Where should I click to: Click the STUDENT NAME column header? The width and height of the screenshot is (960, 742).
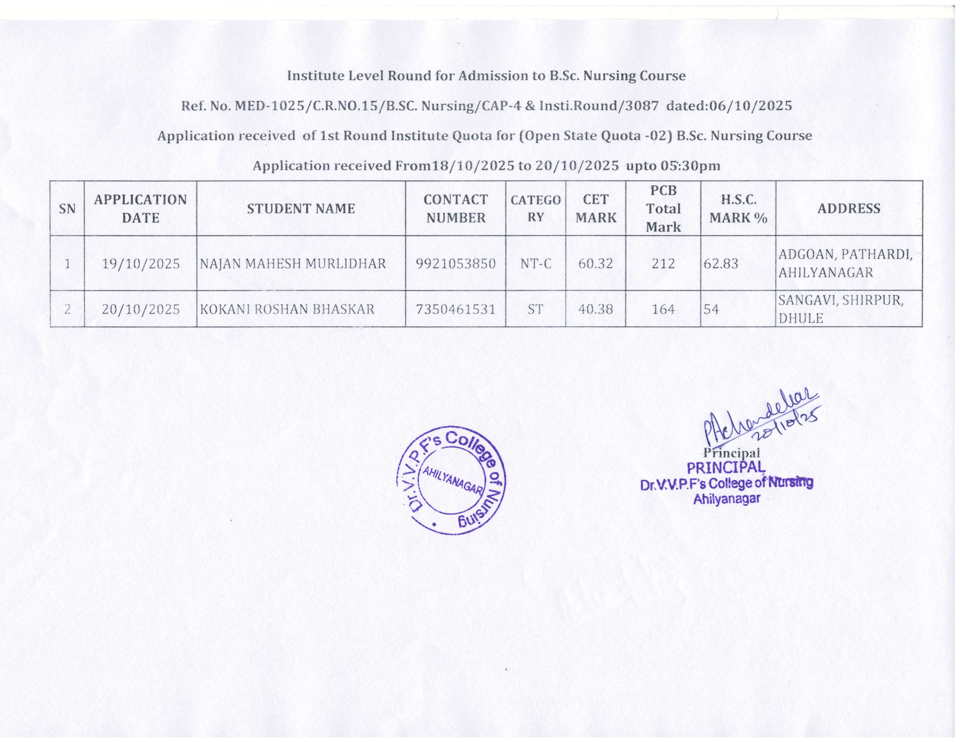301,208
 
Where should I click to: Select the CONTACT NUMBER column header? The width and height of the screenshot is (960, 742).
455,208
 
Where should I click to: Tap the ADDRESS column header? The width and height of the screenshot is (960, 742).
848,208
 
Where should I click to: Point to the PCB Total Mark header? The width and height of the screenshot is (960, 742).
663,208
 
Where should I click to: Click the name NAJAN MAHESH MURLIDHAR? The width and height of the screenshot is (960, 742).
293,264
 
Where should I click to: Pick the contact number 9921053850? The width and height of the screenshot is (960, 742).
455,264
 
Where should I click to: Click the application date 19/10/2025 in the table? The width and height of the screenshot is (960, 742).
141,264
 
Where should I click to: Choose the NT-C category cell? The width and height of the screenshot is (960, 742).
535,264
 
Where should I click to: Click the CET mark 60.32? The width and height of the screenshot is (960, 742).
595,264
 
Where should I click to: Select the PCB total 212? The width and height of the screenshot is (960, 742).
663,264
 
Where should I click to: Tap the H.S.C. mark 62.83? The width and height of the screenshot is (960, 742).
721,264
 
